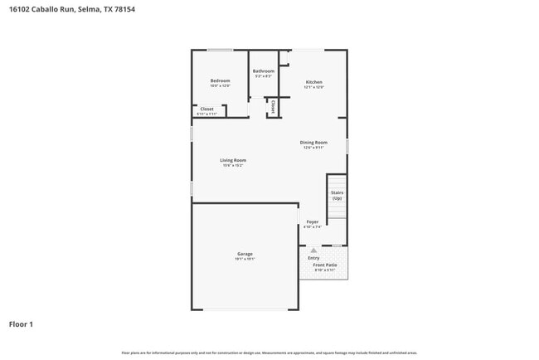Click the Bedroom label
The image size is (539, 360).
[220, 80]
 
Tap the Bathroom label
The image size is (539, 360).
[264, 71]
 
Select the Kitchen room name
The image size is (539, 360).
[313, 82]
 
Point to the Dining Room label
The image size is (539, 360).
[313, 143]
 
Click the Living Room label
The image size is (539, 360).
[233, 160]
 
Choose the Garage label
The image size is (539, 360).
[245, 254]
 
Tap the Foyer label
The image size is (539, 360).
[313, 221]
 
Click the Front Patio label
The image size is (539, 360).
[324, 265]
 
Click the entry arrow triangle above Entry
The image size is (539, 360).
[313, 250]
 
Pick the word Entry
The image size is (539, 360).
[313, 257]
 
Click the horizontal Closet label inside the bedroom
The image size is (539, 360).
[206, 109]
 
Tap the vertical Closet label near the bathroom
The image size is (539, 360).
[273, 106]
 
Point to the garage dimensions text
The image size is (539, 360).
[245, 259]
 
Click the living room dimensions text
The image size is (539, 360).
[233, 165]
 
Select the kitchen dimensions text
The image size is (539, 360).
[313, 87]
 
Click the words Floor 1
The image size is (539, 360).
[22, 324]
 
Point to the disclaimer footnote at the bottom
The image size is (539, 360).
[269, 353]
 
